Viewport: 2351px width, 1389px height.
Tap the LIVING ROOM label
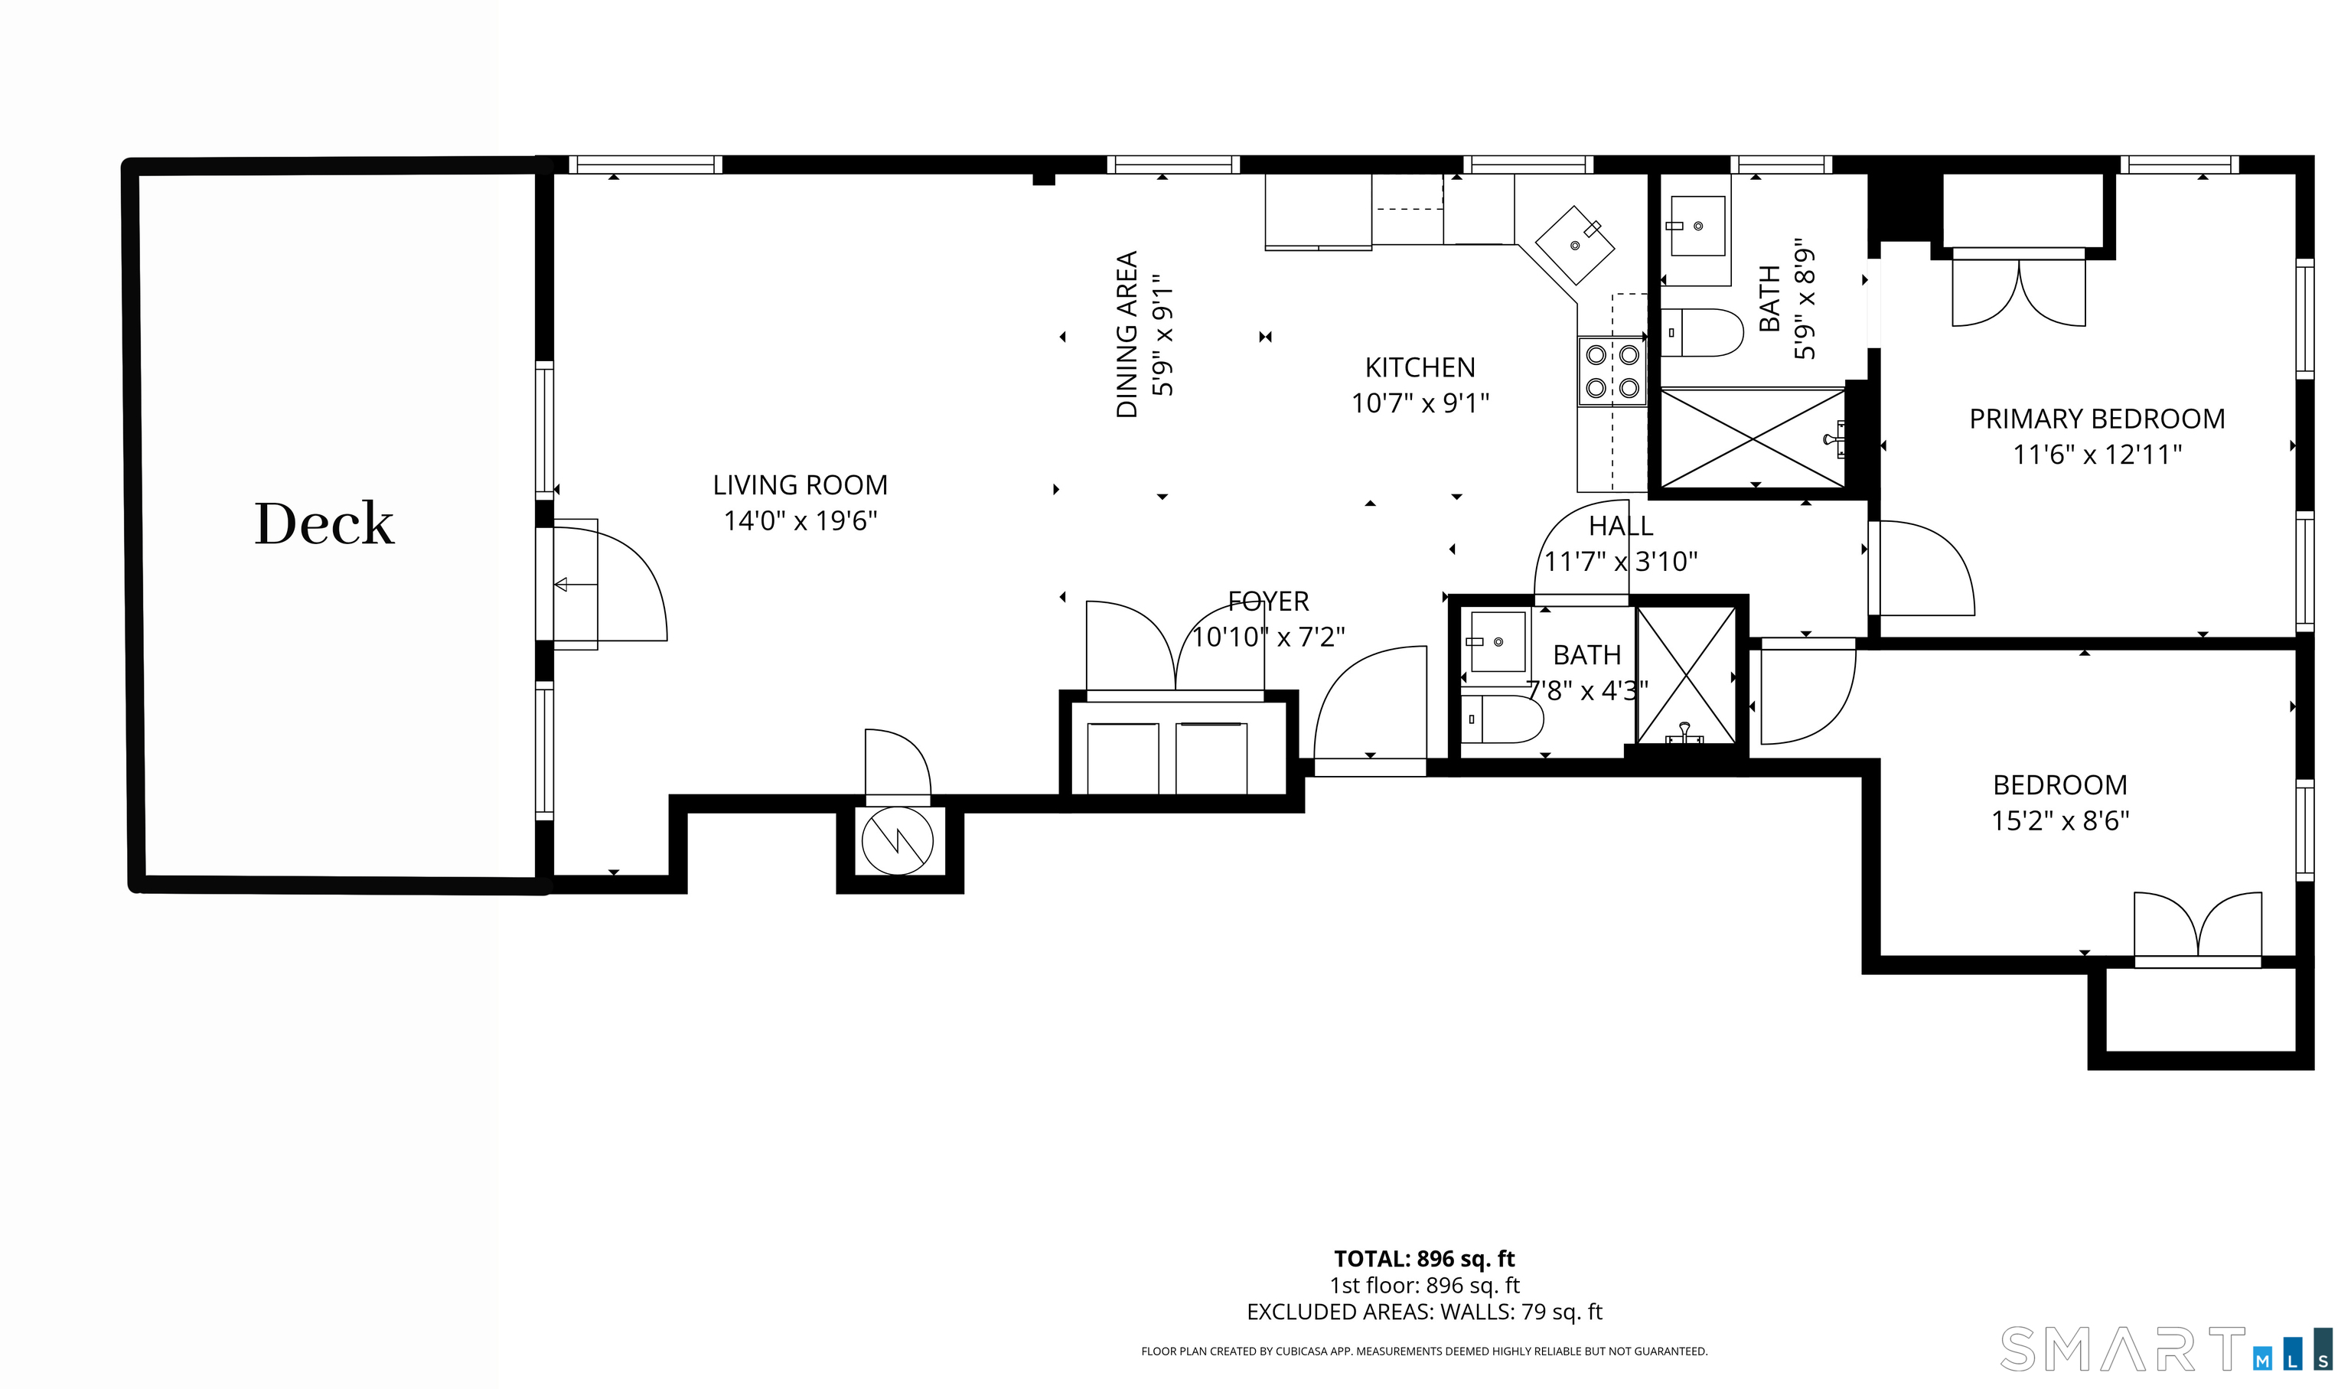(801, 485)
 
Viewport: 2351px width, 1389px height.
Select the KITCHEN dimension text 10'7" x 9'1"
(1420, 403)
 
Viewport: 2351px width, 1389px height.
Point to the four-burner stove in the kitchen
(1612, 372)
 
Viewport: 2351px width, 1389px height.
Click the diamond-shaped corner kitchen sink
(1576, 245)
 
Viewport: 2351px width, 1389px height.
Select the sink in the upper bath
(1695, 227)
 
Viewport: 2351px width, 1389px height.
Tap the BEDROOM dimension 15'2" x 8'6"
(2060, 821)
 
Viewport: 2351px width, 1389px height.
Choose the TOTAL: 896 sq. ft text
(1424, 1259)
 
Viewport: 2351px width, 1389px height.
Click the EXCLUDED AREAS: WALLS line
(1424, 1312)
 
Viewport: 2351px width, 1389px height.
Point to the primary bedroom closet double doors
(2019, 287)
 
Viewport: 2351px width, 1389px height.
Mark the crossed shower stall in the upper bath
(1752, 438)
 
